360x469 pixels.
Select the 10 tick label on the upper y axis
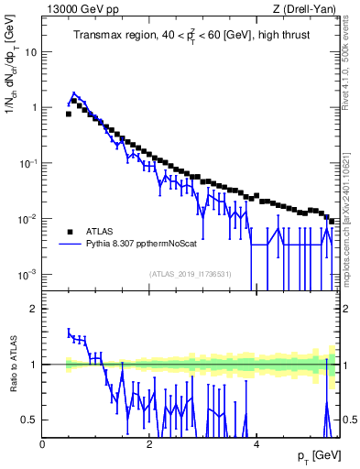30,51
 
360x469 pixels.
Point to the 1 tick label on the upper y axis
34,107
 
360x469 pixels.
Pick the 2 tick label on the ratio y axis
34,309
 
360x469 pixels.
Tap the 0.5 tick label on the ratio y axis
30,420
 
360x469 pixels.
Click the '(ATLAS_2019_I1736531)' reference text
190,274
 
